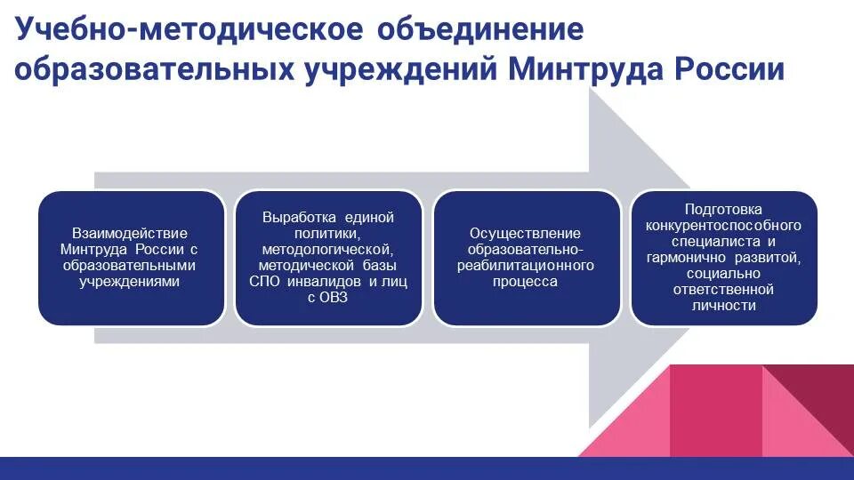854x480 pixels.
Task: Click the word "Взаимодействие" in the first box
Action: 130,234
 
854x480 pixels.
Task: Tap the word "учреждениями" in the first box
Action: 130,282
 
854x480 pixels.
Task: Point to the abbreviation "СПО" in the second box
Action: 265,281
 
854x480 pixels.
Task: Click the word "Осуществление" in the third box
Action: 525,233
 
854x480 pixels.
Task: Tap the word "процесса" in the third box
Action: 525,281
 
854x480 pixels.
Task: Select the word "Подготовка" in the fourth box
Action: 723,209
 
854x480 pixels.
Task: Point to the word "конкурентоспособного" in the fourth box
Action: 723,225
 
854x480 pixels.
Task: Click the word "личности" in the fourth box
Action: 723,305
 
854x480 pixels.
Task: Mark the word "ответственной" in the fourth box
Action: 723,289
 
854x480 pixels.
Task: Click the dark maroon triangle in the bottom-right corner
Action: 818,400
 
